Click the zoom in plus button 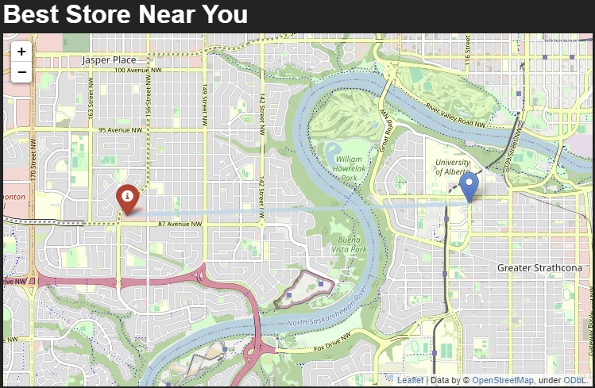(21, 52)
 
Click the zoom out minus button (21, 72)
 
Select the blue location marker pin (469, 186)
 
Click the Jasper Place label (109, 60)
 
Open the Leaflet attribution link (410, 381)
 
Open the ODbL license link (575, 381)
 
